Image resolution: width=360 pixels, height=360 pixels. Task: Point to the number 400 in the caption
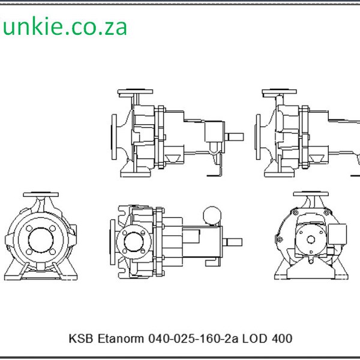tap(283, 339)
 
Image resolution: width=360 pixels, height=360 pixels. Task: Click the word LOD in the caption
tap(258, 339)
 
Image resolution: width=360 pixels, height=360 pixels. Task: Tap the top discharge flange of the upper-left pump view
tap(136, 93)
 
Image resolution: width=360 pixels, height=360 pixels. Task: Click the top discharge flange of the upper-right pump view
tap(279, 93)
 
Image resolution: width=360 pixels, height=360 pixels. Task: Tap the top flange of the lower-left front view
tap(41, 196)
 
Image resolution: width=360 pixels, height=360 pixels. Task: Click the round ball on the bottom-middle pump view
tap(211, 214)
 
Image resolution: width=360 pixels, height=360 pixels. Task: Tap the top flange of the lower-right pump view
tap(311, 196)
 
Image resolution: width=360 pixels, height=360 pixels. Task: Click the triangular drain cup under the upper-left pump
tap(174, 159)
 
